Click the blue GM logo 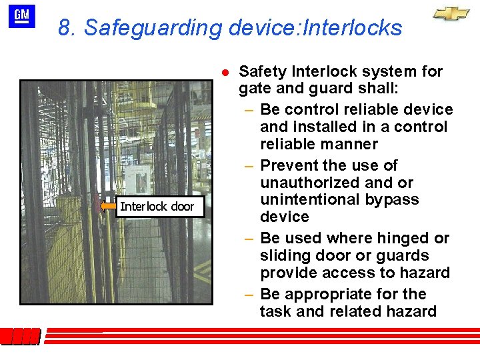[22, 17]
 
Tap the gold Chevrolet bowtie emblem [451, 14]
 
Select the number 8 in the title [64, 28]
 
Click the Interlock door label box [157, 207]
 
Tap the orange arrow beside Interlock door [108, 207]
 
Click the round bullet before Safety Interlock [226, 72]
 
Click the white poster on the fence [137, 179]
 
